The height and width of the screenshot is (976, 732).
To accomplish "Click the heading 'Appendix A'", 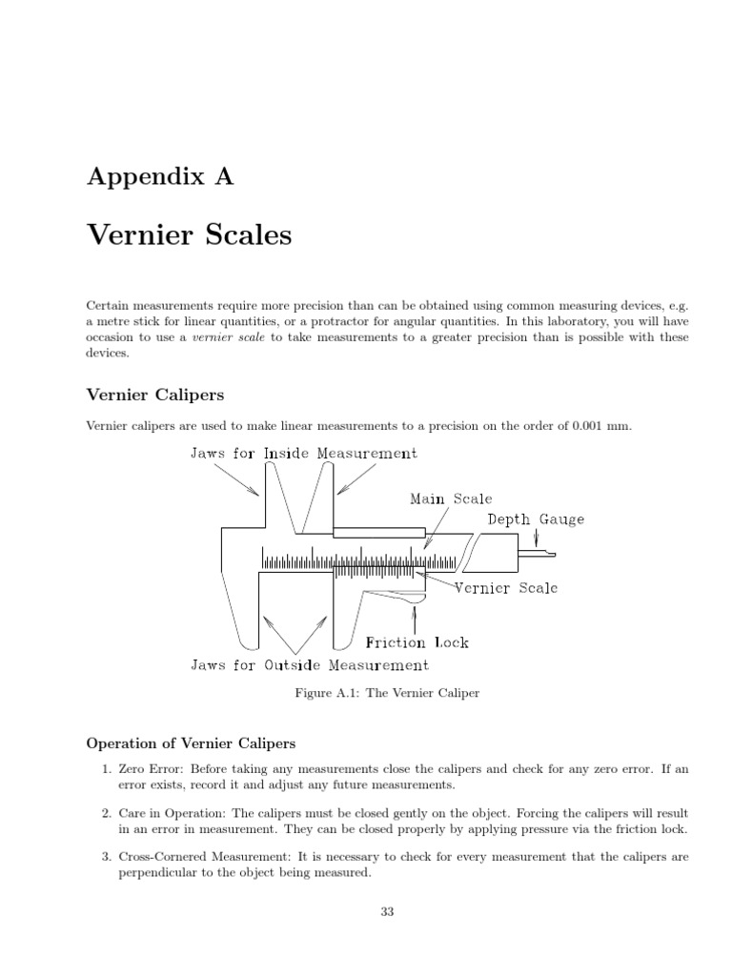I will tap(160, 176).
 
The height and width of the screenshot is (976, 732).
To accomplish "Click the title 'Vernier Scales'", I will tap(189, 234).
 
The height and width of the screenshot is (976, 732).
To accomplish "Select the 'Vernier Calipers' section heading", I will tap(155, 393).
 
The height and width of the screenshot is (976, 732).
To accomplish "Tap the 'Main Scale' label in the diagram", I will tap(451, 498).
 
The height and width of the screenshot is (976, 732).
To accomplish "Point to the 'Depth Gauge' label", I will tap(536, 519).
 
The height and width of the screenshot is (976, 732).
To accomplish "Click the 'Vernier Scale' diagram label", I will tap(506, 587).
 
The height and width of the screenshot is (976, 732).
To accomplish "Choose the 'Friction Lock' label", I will tap(417, 642).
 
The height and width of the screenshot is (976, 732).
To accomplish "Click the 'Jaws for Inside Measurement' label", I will tap(304, 453).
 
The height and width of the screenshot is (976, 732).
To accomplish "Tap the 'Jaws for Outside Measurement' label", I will tap(311, 665).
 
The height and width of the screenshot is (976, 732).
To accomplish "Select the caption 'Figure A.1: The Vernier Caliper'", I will tap(387, 694).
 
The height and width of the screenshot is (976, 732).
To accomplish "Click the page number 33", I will tap(387, 911).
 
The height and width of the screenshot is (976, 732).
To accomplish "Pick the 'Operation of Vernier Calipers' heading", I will tap(191, 742).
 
